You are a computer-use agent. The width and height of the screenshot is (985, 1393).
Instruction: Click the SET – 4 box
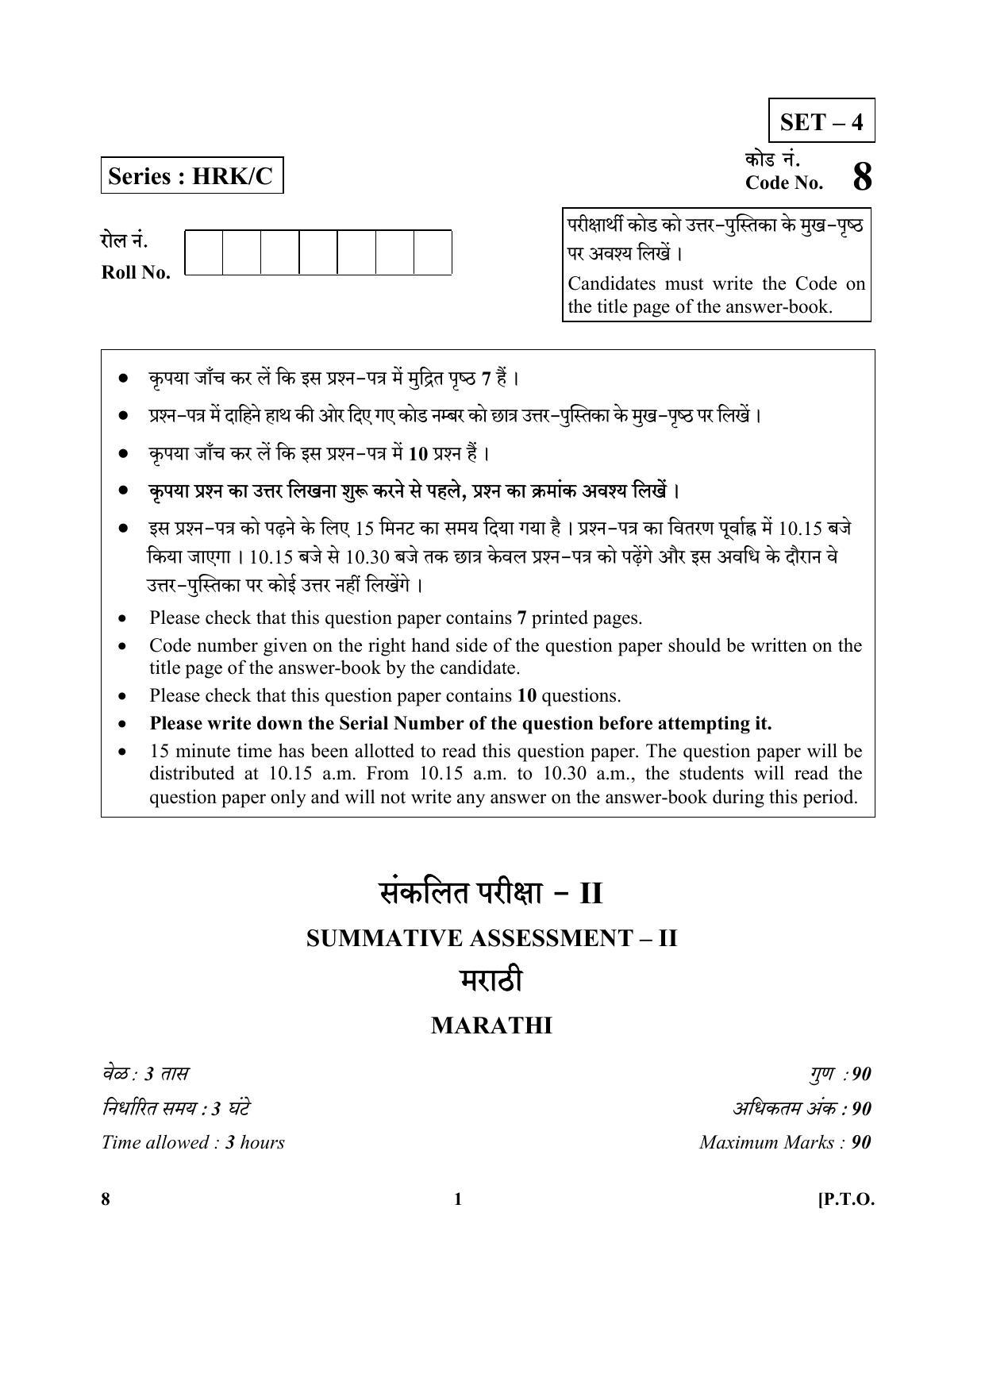click(x=821, y=121)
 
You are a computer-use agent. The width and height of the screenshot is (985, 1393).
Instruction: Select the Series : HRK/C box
click(x=191, y=175)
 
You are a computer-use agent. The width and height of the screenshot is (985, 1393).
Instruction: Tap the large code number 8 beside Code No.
click(x=862, y=177)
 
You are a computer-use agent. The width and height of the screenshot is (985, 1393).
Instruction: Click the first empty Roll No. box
click(x=203, y=252)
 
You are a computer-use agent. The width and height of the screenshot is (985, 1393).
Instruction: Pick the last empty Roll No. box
click(x=433, y=252)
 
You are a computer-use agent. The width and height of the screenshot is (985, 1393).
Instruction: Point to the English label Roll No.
click(x=136, y=272)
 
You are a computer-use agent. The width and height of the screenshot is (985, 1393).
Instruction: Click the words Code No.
click(x=783, y=183)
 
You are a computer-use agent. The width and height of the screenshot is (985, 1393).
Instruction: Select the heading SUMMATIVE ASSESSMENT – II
click(x=491, y=938)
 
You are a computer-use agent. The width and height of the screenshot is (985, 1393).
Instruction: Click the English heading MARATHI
click(x=491, y=1026)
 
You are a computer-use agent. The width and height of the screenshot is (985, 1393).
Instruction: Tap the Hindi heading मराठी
click(x=491, y=982)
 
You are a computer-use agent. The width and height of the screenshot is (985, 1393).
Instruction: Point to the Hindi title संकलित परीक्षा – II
click(x=491, y=894)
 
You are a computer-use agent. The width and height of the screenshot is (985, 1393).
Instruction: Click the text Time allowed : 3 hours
click(x=193, y=1142)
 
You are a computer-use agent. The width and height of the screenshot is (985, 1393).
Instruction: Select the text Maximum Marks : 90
click(x=785, y=1142)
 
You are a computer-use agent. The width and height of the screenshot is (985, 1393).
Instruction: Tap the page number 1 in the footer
click(x=457, y=1199)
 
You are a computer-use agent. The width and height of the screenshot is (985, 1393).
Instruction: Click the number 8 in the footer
click(x=106, y=1199)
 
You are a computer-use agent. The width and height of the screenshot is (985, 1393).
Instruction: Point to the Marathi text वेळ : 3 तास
click(x=145, y=1074)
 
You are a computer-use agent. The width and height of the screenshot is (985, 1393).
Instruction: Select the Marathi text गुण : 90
click(x=840, y=1074)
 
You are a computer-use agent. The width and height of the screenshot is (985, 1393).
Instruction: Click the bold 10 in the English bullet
click(x=526, y=696)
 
